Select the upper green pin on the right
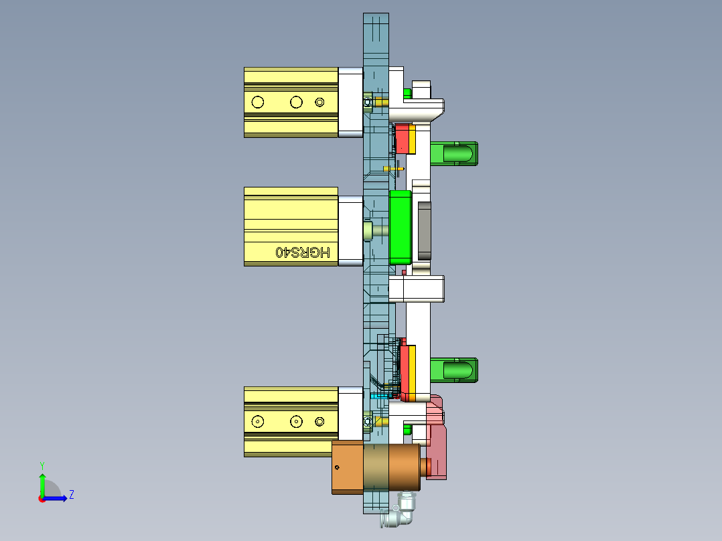[453, 153]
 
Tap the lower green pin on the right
[453, 370]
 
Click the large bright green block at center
[400, 226]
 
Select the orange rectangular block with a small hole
[347, 467]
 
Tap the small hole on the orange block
[337, 467]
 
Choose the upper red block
[403, 139]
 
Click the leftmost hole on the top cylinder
[257, 102]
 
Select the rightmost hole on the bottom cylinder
[319, 421]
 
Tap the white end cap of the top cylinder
[350, 102]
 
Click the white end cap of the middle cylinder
[350, 230]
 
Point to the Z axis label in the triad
[71, 495]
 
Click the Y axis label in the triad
[42, 465]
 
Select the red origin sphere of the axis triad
[42, 498]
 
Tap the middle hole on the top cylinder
[295, 102]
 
